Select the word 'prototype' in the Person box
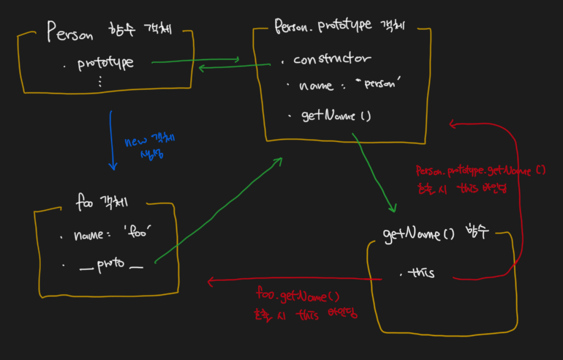tap(105, 63)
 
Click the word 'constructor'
tap(333, 59)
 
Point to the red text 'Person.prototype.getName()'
tap(480, 170)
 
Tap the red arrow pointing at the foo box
tap(292, 280)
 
